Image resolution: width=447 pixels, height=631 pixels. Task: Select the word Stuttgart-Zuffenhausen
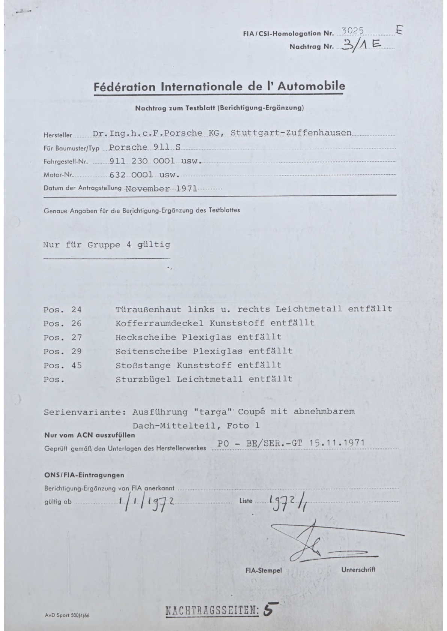pyautogui.click(x=291, y=133)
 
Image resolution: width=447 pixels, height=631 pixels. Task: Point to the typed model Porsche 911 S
pyautogui.click(x=145, y=147)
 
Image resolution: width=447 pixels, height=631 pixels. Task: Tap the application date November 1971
pyautogui.click(x=161, y=188)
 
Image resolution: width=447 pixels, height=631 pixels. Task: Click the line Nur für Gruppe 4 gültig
pyautogui.click(x=107, y=245)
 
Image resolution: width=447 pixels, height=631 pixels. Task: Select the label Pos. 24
pyautogui.click(x=62, y=309)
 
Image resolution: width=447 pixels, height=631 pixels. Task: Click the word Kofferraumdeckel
pyautogui.click(x=160, y=323)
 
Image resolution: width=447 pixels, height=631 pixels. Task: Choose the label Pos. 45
pyautogui.click(x=62, y=365)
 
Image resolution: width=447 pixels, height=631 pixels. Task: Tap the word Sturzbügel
pyautogui.click(x=143, y=379)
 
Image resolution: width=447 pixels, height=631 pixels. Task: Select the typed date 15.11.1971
pyautogui.click(x=337, y=442)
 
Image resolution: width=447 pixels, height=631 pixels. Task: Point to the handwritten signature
pyautogui.click(x=319, y=540)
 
